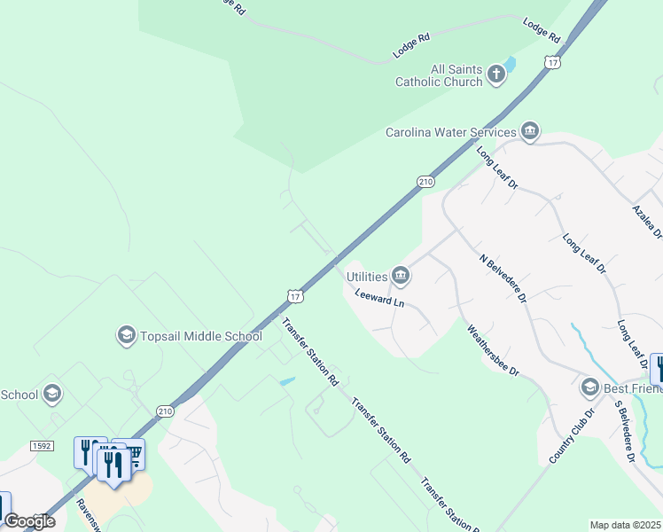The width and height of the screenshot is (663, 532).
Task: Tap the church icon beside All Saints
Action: (x=495, y=75)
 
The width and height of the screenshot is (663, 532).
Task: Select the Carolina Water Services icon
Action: (x=530, y=132)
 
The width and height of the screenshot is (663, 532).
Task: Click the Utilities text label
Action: (x=366, y=278)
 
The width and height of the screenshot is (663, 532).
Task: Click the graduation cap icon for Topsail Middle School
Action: (x=126, y=335)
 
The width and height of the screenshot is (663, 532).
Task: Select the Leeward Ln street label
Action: (x=379, y=300)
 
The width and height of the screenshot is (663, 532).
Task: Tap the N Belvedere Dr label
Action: (x=503, y=278)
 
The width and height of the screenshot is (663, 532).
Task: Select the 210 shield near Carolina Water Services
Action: (x=426, y=182)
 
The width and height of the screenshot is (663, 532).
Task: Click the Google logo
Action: (x=29, y=520)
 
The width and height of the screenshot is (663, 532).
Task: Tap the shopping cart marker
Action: (x=133, y=454)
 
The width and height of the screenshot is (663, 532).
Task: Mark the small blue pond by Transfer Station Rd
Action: (x=287, y=382)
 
